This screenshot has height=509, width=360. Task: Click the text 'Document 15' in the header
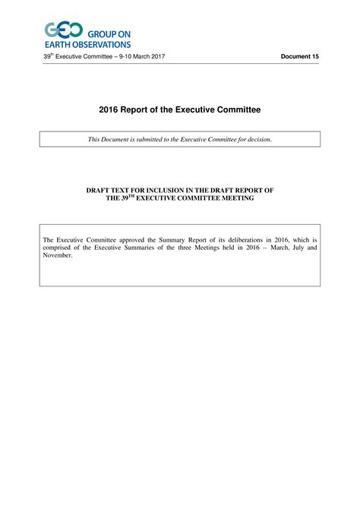(x=300, y=57)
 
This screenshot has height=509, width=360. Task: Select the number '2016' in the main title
(x=109, y=110)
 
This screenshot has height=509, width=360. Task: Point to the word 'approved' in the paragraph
(x=133, y=240)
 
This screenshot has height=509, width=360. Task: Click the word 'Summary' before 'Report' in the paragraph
(x=179, y=240)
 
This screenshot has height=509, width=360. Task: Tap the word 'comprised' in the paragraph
(x=59, y=248)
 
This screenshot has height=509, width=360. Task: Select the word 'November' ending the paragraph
(x=58, y=255)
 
